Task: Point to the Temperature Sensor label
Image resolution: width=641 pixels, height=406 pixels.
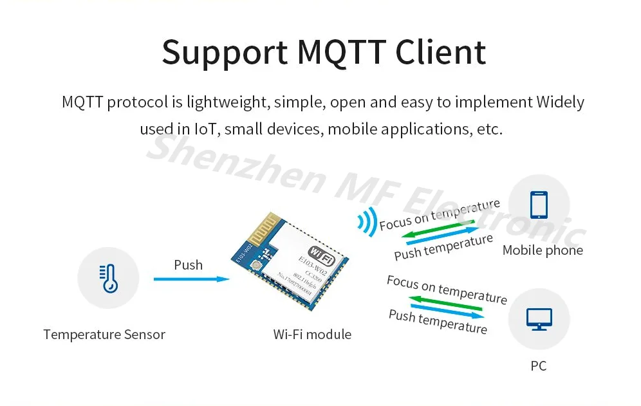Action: pos(104,335)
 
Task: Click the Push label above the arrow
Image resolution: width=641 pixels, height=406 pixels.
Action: pos(188,264)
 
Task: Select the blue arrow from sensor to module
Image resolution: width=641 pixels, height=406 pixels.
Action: pos(191,279)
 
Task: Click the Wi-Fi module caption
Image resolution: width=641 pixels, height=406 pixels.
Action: pos(312,335)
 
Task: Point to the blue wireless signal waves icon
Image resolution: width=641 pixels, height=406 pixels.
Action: pos(367,223)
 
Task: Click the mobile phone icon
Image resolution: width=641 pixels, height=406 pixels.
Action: pos(538,205)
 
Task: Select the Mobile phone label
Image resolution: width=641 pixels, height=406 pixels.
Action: pos(543,250)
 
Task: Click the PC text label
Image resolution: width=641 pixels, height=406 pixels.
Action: pos(538,366)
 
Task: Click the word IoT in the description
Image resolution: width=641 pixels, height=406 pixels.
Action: pos(207,129)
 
